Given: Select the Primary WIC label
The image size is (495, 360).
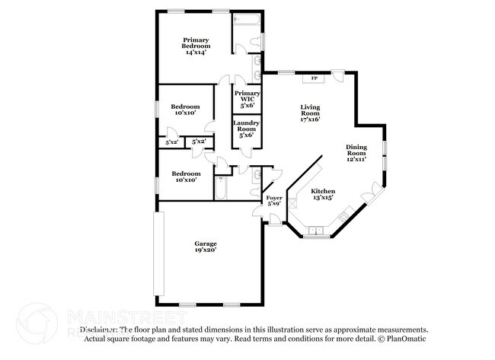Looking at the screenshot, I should (x=247, y=98).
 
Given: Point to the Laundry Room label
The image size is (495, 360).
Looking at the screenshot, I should (x=247, y=128).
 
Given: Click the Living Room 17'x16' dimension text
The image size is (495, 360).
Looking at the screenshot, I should (x=310, y=119).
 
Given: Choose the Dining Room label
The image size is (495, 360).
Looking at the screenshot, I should (x=356, y=153).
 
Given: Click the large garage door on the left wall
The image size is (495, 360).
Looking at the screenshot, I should (x=158, y=254).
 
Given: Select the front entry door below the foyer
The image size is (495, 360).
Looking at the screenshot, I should (x=273, y=221).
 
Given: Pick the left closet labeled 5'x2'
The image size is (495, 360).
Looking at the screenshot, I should (x=172, y=142).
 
